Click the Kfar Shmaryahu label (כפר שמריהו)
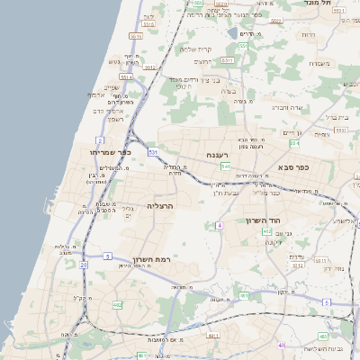[111, 152]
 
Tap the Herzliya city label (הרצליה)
[159, 206]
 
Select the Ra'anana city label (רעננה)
[218, 155]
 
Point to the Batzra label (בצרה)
[229, 90]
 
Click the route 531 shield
[154, 153]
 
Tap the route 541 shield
[225, 166]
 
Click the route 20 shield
[84, 265]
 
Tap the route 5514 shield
[126, 77]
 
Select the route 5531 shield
[135, 35]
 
